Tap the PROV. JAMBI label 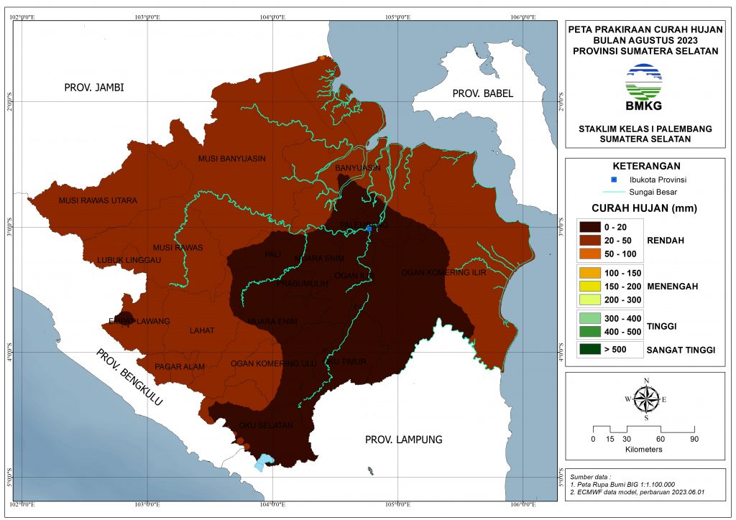pyautogui.click(x=94, y=88)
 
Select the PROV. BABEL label pyautogui.click(x=483, y=93)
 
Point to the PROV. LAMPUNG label pyautogui.click(x=403, y=440)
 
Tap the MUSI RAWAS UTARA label pyautogui.click(x=98, y=200)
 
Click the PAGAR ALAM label pyautogui.click(x=180, y=367)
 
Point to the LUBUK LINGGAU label pyautogui.click(x=129, y=260)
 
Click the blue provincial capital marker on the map pyautogui.click(x=369, y=228)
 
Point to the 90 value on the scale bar pyautogui.click(x=694, y=439)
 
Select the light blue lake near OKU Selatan pyautogui.click(x=264, y=461)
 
